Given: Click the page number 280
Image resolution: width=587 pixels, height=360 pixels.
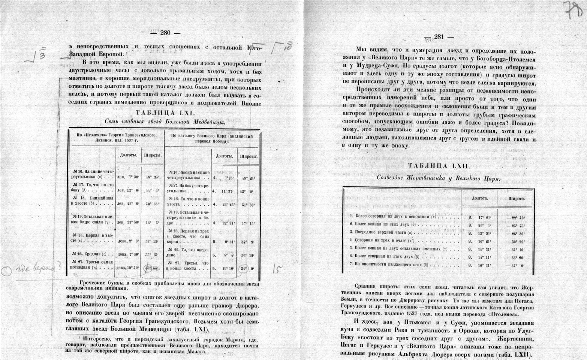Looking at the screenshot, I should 165,33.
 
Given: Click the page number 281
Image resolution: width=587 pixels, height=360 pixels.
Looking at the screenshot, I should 439,37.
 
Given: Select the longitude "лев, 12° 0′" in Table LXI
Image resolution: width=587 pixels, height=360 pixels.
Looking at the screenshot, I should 129,190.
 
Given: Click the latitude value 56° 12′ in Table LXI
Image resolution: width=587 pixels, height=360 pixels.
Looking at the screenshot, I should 248,255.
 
